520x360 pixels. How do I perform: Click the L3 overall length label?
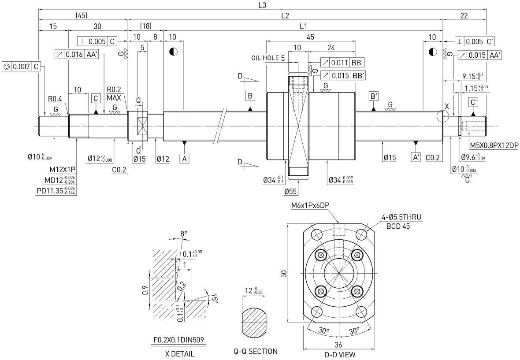(262, 5)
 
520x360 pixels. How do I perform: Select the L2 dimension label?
(285, 15)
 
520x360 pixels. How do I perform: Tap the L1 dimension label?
(304, 26)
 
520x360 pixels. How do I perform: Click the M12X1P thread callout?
(62, 170)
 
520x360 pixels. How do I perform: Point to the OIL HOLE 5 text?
(268, 58)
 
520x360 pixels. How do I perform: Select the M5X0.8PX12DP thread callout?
(494, 145)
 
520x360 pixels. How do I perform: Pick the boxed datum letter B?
(250, 96)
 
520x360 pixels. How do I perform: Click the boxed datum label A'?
(416, 157)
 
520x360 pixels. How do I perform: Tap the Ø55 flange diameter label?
(291, 191)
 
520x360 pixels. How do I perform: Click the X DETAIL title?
(180, 353)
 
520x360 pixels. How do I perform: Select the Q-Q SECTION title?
(255, 351)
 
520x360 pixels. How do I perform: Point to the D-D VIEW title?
(340, 355)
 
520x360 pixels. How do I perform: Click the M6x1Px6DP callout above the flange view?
(310, 205)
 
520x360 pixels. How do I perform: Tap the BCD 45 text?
(398, 226)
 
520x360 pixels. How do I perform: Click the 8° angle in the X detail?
(184, 234)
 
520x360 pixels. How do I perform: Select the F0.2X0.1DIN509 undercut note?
(179, 340)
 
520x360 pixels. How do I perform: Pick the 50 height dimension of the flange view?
(283, 273)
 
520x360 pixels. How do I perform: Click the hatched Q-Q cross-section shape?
(254, 322)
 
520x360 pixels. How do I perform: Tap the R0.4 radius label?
(56, 99)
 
